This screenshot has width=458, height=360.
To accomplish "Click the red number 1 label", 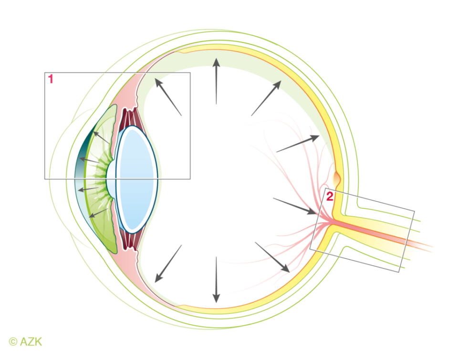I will tap(51, 80).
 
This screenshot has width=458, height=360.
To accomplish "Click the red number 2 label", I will tap(329, 196).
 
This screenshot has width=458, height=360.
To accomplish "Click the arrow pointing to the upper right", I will tap(266, 98).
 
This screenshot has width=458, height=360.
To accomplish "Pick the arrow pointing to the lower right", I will tap(272, 257).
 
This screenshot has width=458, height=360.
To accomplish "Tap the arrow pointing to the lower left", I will tap(168, 263).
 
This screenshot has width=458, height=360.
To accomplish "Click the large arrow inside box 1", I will tap(168, 97).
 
